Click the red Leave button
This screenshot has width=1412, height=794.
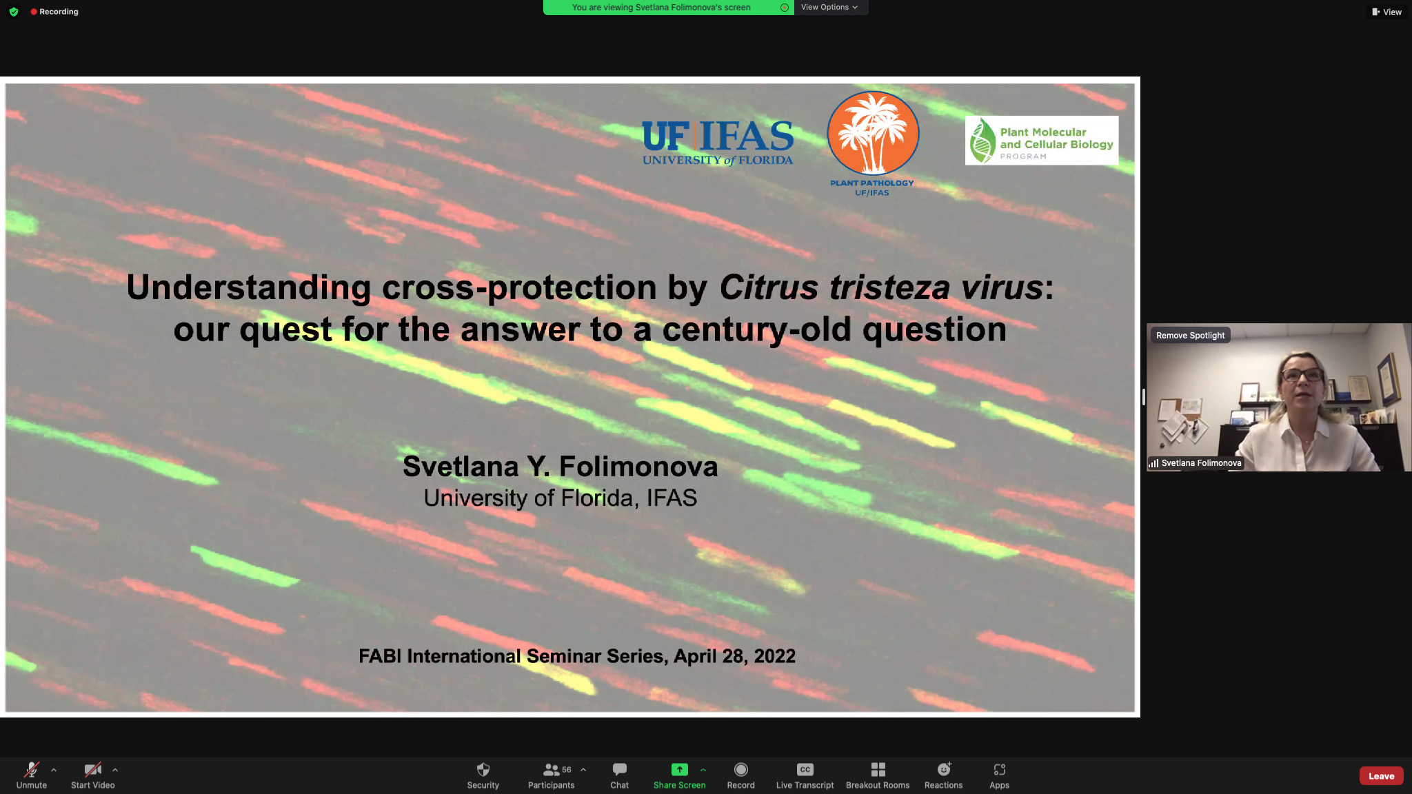click(1381, 775)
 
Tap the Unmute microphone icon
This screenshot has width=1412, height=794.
click(32, 769)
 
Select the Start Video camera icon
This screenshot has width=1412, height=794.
click(93, 769)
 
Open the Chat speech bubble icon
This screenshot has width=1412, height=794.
click(620, 769)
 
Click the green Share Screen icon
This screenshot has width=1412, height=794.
click(679, 769)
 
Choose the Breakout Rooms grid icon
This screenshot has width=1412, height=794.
click(878, 769)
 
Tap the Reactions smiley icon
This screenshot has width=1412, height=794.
click(944, 769)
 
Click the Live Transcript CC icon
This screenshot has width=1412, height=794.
click(805, 769)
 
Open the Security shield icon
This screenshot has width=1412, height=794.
click(483, 769)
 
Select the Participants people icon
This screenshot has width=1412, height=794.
click(551, 769)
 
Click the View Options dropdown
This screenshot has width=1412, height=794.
click(829, 7)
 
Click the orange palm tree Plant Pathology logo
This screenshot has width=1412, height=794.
click(873, 134)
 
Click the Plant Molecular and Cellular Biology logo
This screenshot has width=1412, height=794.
click(1042, 141)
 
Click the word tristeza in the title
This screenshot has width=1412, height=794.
click(889, 287)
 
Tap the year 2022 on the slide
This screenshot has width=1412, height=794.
click(774, 655)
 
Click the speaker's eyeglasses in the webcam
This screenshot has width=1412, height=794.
click(1302, 376)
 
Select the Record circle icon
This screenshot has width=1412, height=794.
click(741, 769)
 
